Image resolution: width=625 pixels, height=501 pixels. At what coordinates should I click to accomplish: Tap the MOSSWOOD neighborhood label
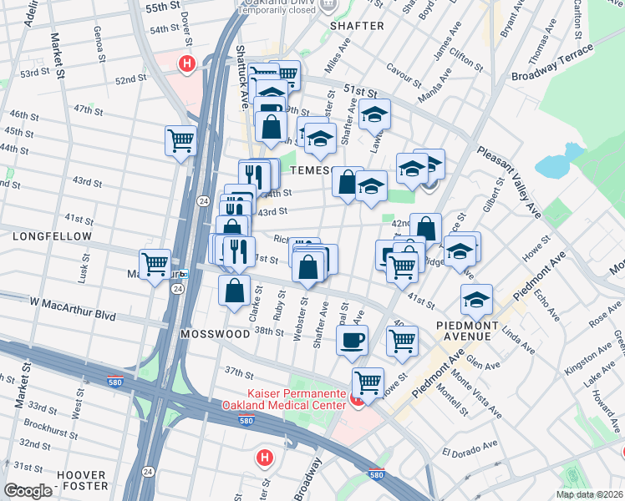(x=215, y=334)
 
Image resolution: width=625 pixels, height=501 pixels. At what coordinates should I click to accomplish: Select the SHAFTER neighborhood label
(x=357, y=26)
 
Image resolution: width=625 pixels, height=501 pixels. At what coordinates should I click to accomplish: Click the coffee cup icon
(x=352, y=339)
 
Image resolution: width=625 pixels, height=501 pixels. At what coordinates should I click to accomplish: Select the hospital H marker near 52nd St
(x=189, y=62)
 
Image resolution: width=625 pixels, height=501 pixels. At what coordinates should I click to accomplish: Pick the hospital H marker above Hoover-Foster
(x=265, y=458)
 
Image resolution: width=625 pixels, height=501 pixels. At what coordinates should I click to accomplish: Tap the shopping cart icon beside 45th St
(x=180, y=139)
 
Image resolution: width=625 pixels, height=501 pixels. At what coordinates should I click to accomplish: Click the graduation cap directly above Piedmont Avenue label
(x=476, y=298)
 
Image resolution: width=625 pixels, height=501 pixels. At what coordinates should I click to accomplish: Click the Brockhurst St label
(x=53, y=424)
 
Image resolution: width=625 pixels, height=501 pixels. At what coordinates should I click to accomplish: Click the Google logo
(x=28, y=491)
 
